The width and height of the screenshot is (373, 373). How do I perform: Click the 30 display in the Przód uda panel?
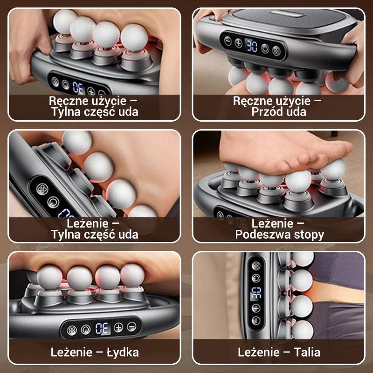[x=252, y=45]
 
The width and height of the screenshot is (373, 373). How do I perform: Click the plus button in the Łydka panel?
[x=118, y=327]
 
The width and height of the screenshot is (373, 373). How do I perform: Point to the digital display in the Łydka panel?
[x=102, y=328]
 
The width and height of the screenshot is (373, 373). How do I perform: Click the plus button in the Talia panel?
[x=256, y=308]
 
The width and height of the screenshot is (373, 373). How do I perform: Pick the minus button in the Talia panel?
[x=256, y=320]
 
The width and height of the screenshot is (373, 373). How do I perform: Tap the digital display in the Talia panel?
[x=256, y=293]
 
